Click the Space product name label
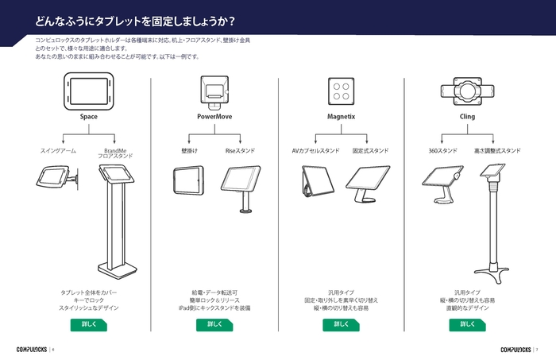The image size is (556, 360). point(88,116)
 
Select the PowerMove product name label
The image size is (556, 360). point(214,116)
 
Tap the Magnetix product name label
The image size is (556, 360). point(341,116)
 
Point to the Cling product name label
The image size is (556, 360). point(467,116)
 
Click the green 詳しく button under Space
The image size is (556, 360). point(88,324)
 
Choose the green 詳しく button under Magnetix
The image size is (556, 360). point(341,324)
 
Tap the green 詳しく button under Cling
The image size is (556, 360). point(467,324)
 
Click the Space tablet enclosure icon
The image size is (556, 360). point(88,89)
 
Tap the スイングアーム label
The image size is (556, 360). point(57,150)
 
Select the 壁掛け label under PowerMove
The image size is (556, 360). point(189,150)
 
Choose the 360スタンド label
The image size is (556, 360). point(442,150)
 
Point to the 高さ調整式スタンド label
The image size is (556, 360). point(497,150)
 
